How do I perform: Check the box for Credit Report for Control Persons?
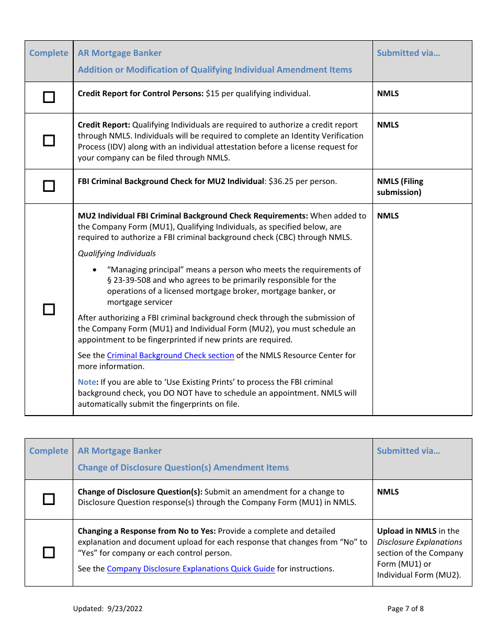[x=49, y=98]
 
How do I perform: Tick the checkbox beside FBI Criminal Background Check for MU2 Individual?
[x=49, y=186]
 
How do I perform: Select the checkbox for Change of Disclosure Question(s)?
[x=49, y=499]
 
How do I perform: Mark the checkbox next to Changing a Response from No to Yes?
[x=49, y=553]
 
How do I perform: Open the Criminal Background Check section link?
[x=171, y=355]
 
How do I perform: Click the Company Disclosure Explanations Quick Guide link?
[x=191, y=569]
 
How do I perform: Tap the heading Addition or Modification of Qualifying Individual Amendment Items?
[x=214, y=70]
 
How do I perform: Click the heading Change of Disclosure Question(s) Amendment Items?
[x=183, y=467]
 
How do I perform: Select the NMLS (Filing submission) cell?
[x=400, y=187]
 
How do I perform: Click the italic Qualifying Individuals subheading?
[x=117, y=254]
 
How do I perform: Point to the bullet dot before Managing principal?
[x=94, y=270]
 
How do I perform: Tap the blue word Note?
[x=87, y=382]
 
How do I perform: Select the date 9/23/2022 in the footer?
[x=125, y=608]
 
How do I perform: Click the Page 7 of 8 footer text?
[x=405, y=608]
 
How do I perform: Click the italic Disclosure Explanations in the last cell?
[x=420, y=542]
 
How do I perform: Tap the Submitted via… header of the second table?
[x=408, y=451]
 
